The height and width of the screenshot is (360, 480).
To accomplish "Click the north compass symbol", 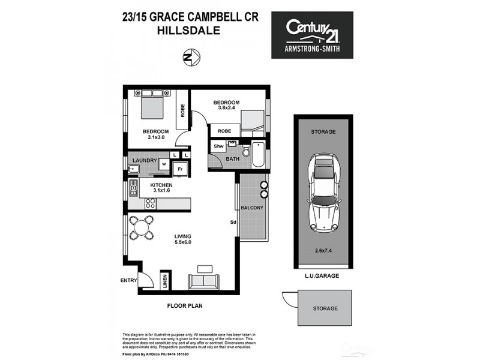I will click(x=191, y=58).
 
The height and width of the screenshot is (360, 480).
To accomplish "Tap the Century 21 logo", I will click(x=312, y=35).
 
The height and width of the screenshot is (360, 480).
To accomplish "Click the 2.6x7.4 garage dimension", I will click(x=323, y=251).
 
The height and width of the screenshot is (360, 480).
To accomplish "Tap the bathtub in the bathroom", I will click(x=258, y=154).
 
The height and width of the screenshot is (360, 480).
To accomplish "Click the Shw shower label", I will click(x=218, y=146).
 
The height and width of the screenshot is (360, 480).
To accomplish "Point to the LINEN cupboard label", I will click(x=164, y=281).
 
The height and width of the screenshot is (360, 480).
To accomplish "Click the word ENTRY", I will click(x=128, y=280).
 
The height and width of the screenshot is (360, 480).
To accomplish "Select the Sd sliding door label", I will click(x=232, y=223).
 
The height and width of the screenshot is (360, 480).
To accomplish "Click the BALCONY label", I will click(x=252, y=208).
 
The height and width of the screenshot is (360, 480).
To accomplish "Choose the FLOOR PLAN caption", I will click(x=184, y=305).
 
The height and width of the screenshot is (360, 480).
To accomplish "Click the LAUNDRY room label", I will click(x=145, y=161).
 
